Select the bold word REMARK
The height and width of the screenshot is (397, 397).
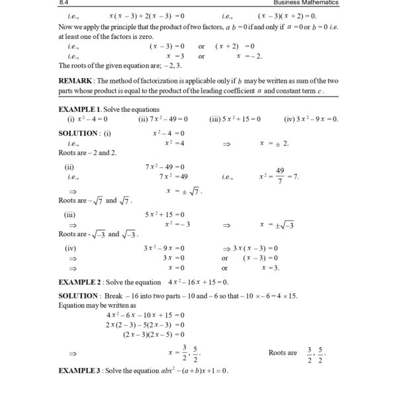pyautogui.click(x=79, y=80)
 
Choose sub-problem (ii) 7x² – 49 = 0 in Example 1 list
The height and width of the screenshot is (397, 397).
pyautogui.click(x=163, y=118)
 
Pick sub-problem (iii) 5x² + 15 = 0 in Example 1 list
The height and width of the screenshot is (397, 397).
pyautogui.click(x=235, y=118)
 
